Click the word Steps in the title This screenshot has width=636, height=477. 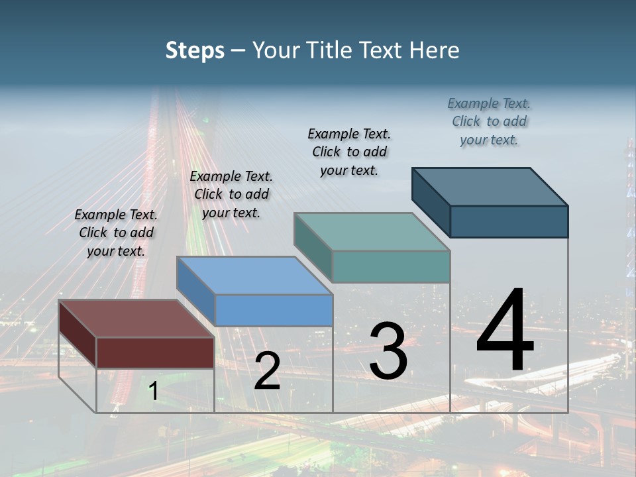tap(195, 50)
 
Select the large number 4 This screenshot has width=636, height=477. tap(505, 331)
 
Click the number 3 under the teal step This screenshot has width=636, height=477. tap(388, 351)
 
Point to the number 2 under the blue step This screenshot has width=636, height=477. tap(267, 371)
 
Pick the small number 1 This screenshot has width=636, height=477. tap(153, 391)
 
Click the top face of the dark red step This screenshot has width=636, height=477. tap(136, 319)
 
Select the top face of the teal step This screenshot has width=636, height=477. tap(372, 232)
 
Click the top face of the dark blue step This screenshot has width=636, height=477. tap(490, 187)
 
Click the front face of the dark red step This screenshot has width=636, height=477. tap(155, 352)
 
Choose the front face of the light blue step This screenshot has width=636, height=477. tap(274, 310)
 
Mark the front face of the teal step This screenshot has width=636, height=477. tap(391, 266)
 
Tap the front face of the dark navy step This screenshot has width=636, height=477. tap(509, 221)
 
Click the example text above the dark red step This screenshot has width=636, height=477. tap(116, 233)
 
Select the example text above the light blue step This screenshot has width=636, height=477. tap(231, 194)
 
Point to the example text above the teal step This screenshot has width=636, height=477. tap(349, 152)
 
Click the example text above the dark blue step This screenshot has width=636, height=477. tap(489, 121)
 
